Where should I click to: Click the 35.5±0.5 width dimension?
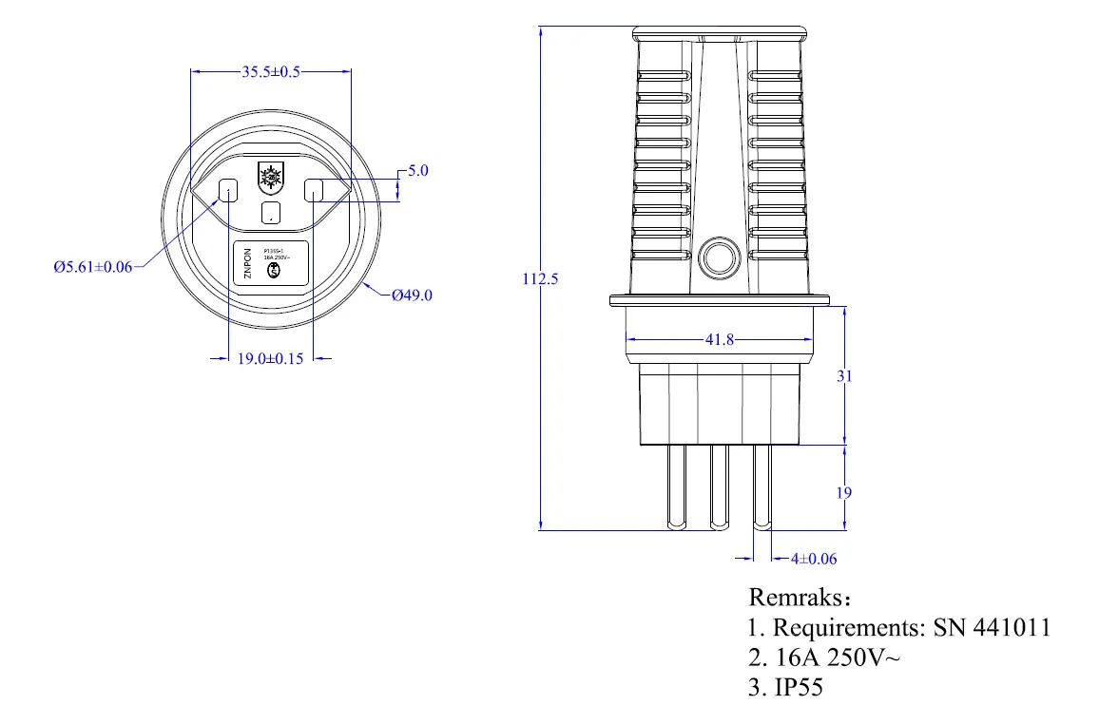click(271, 71)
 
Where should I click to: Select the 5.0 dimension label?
click(418, 171)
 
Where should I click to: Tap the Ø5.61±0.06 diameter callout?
click(93, 267)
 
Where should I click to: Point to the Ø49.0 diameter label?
click(412, 295)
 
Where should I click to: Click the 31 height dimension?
click(844, 376)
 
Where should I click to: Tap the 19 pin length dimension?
click(844, 492)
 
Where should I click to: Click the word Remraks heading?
click(795, 598)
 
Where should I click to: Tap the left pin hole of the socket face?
click(229, 191)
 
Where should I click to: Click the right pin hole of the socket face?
click(314, 191)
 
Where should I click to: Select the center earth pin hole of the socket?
click(272, 212)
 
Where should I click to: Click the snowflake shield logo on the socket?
click(271, 177)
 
